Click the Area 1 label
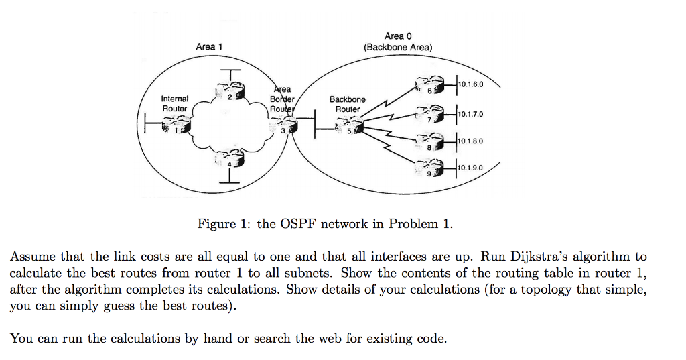[209, 46]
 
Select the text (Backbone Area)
[398, 47]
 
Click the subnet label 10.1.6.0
[471, 84]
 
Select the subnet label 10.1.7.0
[471, 114]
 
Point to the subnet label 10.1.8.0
[471, 141]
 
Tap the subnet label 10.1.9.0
[471, 168]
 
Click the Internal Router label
[175, 103]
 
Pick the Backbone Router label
[347, 104]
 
